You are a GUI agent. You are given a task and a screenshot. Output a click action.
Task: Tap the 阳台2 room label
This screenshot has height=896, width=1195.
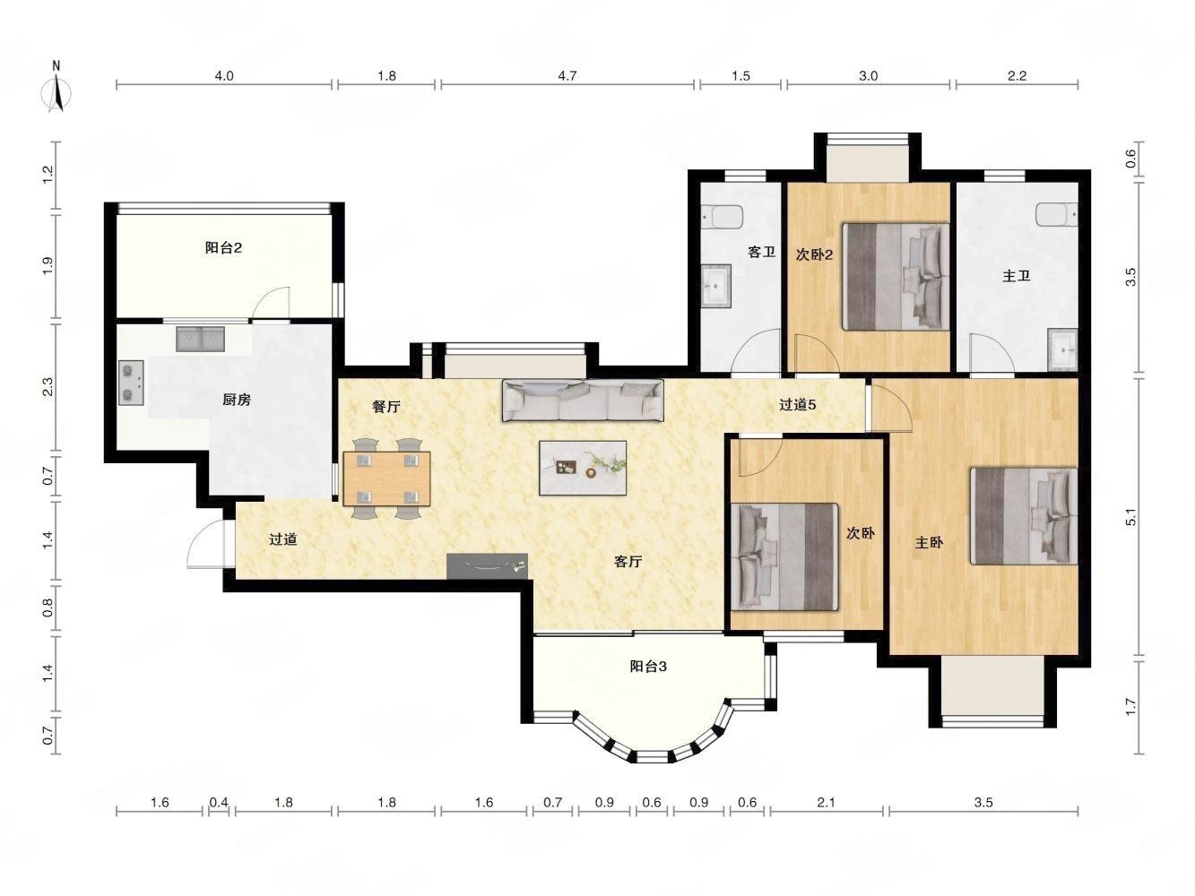pos(223,248)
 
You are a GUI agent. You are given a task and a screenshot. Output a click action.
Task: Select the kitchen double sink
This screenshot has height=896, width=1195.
pos(200,339)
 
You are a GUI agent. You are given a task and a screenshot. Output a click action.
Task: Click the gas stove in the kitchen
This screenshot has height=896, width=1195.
pos(131,383)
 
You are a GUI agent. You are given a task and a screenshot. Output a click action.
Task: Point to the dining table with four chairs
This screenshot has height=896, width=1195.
pos(386,478)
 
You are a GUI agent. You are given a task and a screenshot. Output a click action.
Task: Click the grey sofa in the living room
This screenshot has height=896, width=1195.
pos(583,401)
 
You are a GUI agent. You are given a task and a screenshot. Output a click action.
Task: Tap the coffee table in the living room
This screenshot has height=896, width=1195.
pos(583,468)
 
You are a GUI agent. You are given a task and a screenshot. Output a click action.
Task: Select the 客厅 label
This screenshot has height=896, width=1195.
pos(628,562)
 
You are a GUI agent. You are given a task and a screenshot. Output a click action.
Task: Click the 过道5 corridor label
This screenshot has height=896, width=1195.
pos(797,405)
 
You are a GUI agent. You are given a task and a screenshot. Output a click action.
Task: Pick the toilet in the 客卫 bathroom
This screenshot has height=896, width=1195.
pos(723,218)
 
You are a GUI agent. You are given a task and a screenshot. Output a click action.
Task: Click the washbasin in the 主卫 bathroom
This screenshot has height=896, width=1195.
pos(1062,349)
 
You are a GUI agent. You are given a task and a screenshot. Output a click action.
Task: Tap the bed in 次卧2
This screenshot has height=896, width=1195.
pos(896,276)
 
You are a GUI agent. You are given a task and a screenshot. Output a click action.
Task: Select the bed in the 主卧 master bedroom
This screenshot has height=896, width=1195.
pos(1024,516)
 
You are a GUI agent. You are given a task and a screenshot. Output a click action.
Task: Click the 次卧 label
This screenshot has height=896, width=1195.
pos(861,533)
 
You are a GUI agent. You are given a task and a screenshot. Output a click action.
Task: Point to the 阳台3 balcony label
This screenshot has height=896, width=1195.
pos(648,667)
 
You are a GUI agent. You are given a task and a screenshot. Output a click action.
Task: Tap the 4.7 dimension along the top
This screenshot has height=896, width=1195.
pos(567,75)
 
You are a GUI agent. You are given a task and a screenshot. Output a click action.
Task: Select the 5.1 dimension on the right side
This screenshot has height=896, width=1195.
pos(1131,517)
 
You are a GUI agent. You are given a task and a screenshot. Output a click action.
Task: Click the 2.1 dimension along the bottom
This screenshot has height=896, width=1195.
pos(826,803)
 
